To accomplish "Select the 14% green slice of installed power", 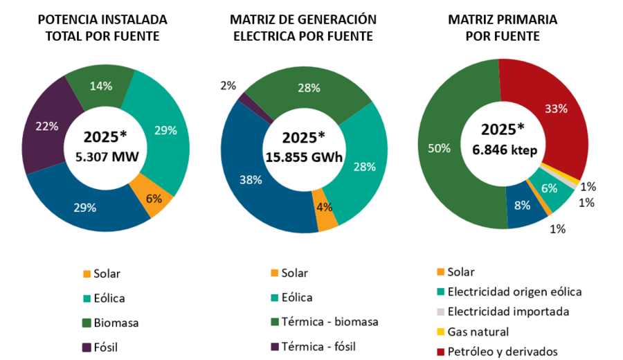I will pyautogui.click(x=100, y=87).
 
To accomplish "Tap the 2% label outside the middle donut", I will pyautogui.click(x=228, y=86).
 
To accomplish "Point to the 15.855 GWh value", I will pyautogui.click(x=305, y=157).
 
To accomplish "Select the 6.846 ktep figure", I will pyautogui.click(x=503, y=148).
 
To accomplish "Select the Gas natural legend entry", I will pyautogui.click(x=478, y=332).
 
